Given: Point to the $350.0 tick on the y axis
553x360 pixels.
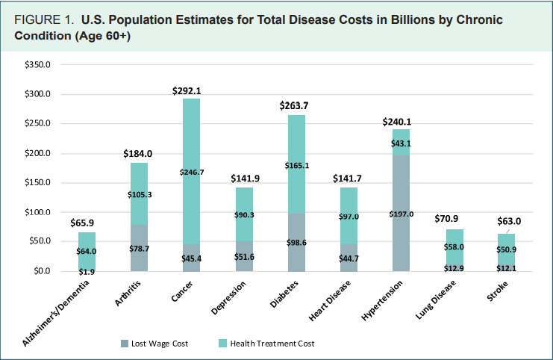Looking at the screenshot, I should point(37,65).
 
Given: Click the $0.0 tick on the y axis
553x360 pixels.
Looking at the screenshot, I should point(40,271).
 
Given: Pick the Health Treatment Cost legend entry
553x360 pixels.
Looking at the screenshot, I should point(272,344).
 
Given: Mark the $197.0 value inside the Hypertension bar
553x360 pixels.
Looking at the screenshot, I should point(402,214).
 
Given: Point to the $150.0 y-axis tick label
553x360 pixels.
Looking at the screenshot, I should point(37,183).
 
